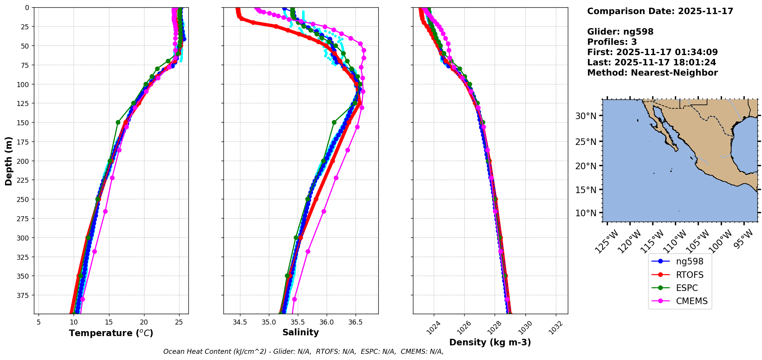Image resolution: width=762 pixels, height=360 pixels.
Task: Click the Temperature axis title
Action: click(x=111, y=333)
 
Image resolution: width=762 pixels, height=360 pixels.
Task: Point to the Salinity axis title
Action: click(x=300, y=332)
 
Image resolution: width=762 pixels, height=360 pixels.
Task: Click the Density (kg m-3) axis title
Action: click(x=490, y=342)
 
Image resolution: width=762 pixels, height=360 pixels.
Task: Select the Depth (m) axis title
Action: click(x=8, y=161)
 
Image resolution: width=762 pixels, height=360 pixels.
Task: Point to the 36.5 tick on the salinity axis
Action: click(x=355, y=322)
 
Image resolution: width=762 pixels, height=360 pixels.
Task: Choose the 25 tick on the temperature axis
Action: click(x=179, y=322)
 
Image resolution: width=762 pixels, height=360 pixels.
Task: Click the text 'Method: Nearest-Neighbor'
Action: click(x=652, y=73)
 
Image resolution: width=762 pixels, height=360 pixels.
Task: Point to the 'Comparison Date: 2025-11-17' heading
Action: click(x=660, y=11)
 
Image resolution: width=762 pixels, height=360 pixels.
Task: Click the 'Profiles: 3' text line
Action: click(x=612, y=42)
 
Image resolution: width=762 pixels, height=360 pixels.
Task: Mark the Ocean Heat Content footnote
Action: click(x=303, y=352)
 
